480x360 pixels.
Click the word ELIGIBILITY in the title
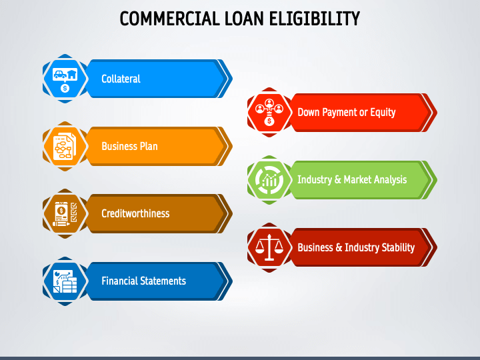(315, 19)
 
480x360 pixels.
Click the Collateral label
(121, 79)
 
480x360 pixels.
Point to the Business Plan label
(129, 146)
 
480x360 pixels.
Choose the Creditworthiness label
(135, 213)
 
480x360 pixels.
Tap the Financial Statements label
(143, 281)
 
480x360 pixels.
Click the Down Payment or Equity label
(346, 112)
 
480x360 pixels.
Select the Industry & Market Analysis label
(352, 179)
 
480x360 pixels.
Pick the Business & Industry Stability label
(356, 247)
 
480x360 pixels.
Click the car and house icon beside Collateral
(65, 79)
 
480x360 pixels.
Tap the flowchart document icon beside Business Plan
(65, 146)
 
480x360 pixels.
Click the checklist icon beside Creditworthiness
(65, 213)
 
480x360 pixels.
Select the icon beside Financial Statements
(65, 281)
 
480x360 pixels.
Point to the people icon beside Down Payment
(269, 112)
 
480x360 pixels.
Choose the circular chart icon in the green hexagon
(269, 179)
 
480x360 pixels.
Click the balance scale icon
(269, 247)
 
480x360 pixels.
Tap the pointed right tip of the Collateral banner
(230, 79)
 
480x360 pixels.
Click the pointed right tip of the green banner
(435, 179)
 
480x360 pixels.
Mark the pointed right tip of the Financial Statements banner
(230, 281)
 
